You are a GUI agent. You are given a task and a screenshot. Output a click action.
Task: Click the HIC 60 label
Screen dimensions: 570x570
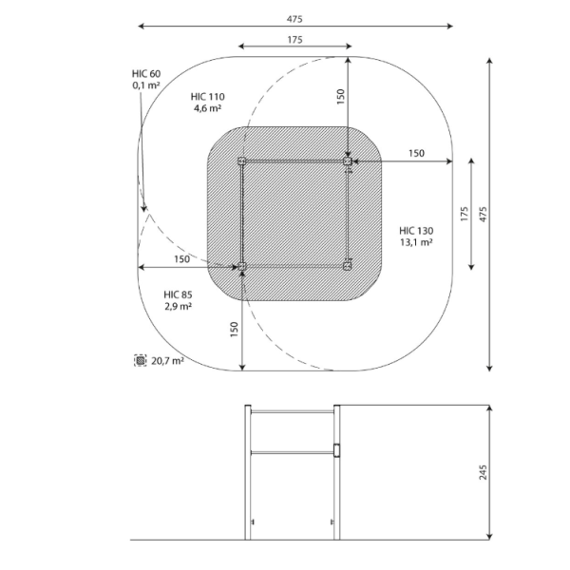coord(146,74)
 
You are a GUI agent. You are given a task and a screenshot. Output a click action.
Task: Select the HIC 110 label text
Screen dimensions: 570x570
coord(207,97)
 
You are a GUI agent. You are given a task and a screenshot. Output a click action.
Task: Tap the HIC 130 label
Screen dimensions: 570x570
coord(416,231)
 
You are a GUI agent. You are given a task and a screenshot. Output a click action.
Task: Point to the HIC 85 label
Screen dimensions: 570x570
coord(179,294)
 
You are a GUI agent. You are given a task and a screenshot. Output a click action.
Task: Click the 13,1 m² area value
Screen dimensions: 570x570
coord(416,242)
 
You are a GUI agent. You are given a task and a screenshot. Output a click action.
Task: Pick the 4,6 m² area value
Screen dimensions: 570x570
coord(207,108)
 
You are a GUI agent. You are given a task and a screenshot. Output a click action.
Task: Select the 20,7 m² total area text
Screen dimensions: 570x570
coord(167,361)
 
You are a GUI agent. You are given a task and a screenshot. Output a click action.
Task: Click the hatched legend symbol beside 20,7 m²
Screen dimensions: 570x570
coord(141,360)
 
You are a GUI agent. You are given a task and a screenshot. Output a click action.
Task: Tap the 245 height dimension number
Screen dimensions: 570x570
coord(483,472)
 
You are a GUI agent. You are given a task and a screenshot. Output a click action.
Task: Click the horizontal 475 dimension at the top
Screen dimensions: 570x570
coord(294,19)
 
